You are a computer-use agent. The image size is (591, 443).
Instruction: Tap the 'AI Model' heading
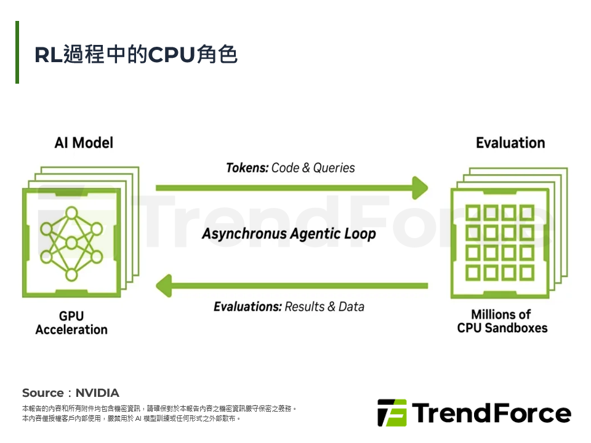[84, 143]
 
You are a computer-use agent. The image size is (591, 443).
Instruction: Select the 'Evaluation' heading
[510, 143]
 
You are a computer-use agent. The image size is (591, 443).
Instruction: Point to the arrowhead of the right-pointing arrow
[420, 188]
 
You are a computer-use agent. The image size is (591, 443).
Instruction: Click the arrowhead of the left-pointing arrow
[164, 285]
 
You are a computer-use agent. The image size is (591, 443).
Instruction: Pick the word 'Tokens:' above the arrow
[247, 167]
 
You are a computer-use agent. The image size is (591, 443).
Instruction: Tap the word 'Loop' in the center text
[359, 234]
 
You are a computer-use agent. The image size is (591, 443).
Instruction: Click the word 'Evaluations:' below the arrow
[247, 306]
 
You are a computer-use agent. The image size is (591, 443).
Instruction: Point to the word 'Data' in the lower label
[351, 306]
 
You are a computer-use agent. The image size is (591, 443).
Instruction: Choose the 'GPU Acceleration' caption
[71, 323]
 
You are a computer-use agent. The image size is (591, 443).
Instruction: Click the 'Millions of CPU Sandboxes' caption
[502, 321]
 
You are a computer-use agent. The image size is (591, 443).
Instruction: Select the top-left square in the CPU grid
[473, 214]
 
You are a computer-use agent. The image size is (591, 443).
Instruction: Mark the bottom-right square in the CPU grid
[526, 271]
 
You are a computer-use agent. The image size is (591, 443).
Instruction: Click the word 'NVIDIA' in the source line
[97, 393]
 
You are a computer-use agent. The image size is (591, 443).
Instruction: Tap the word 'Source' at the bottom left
[42, 393]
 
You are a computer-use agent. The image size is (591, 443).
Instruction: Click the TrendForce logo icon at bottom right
[392, 413]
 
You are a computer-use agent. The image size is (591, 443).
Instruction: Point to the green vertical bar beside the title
[17, 52]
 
